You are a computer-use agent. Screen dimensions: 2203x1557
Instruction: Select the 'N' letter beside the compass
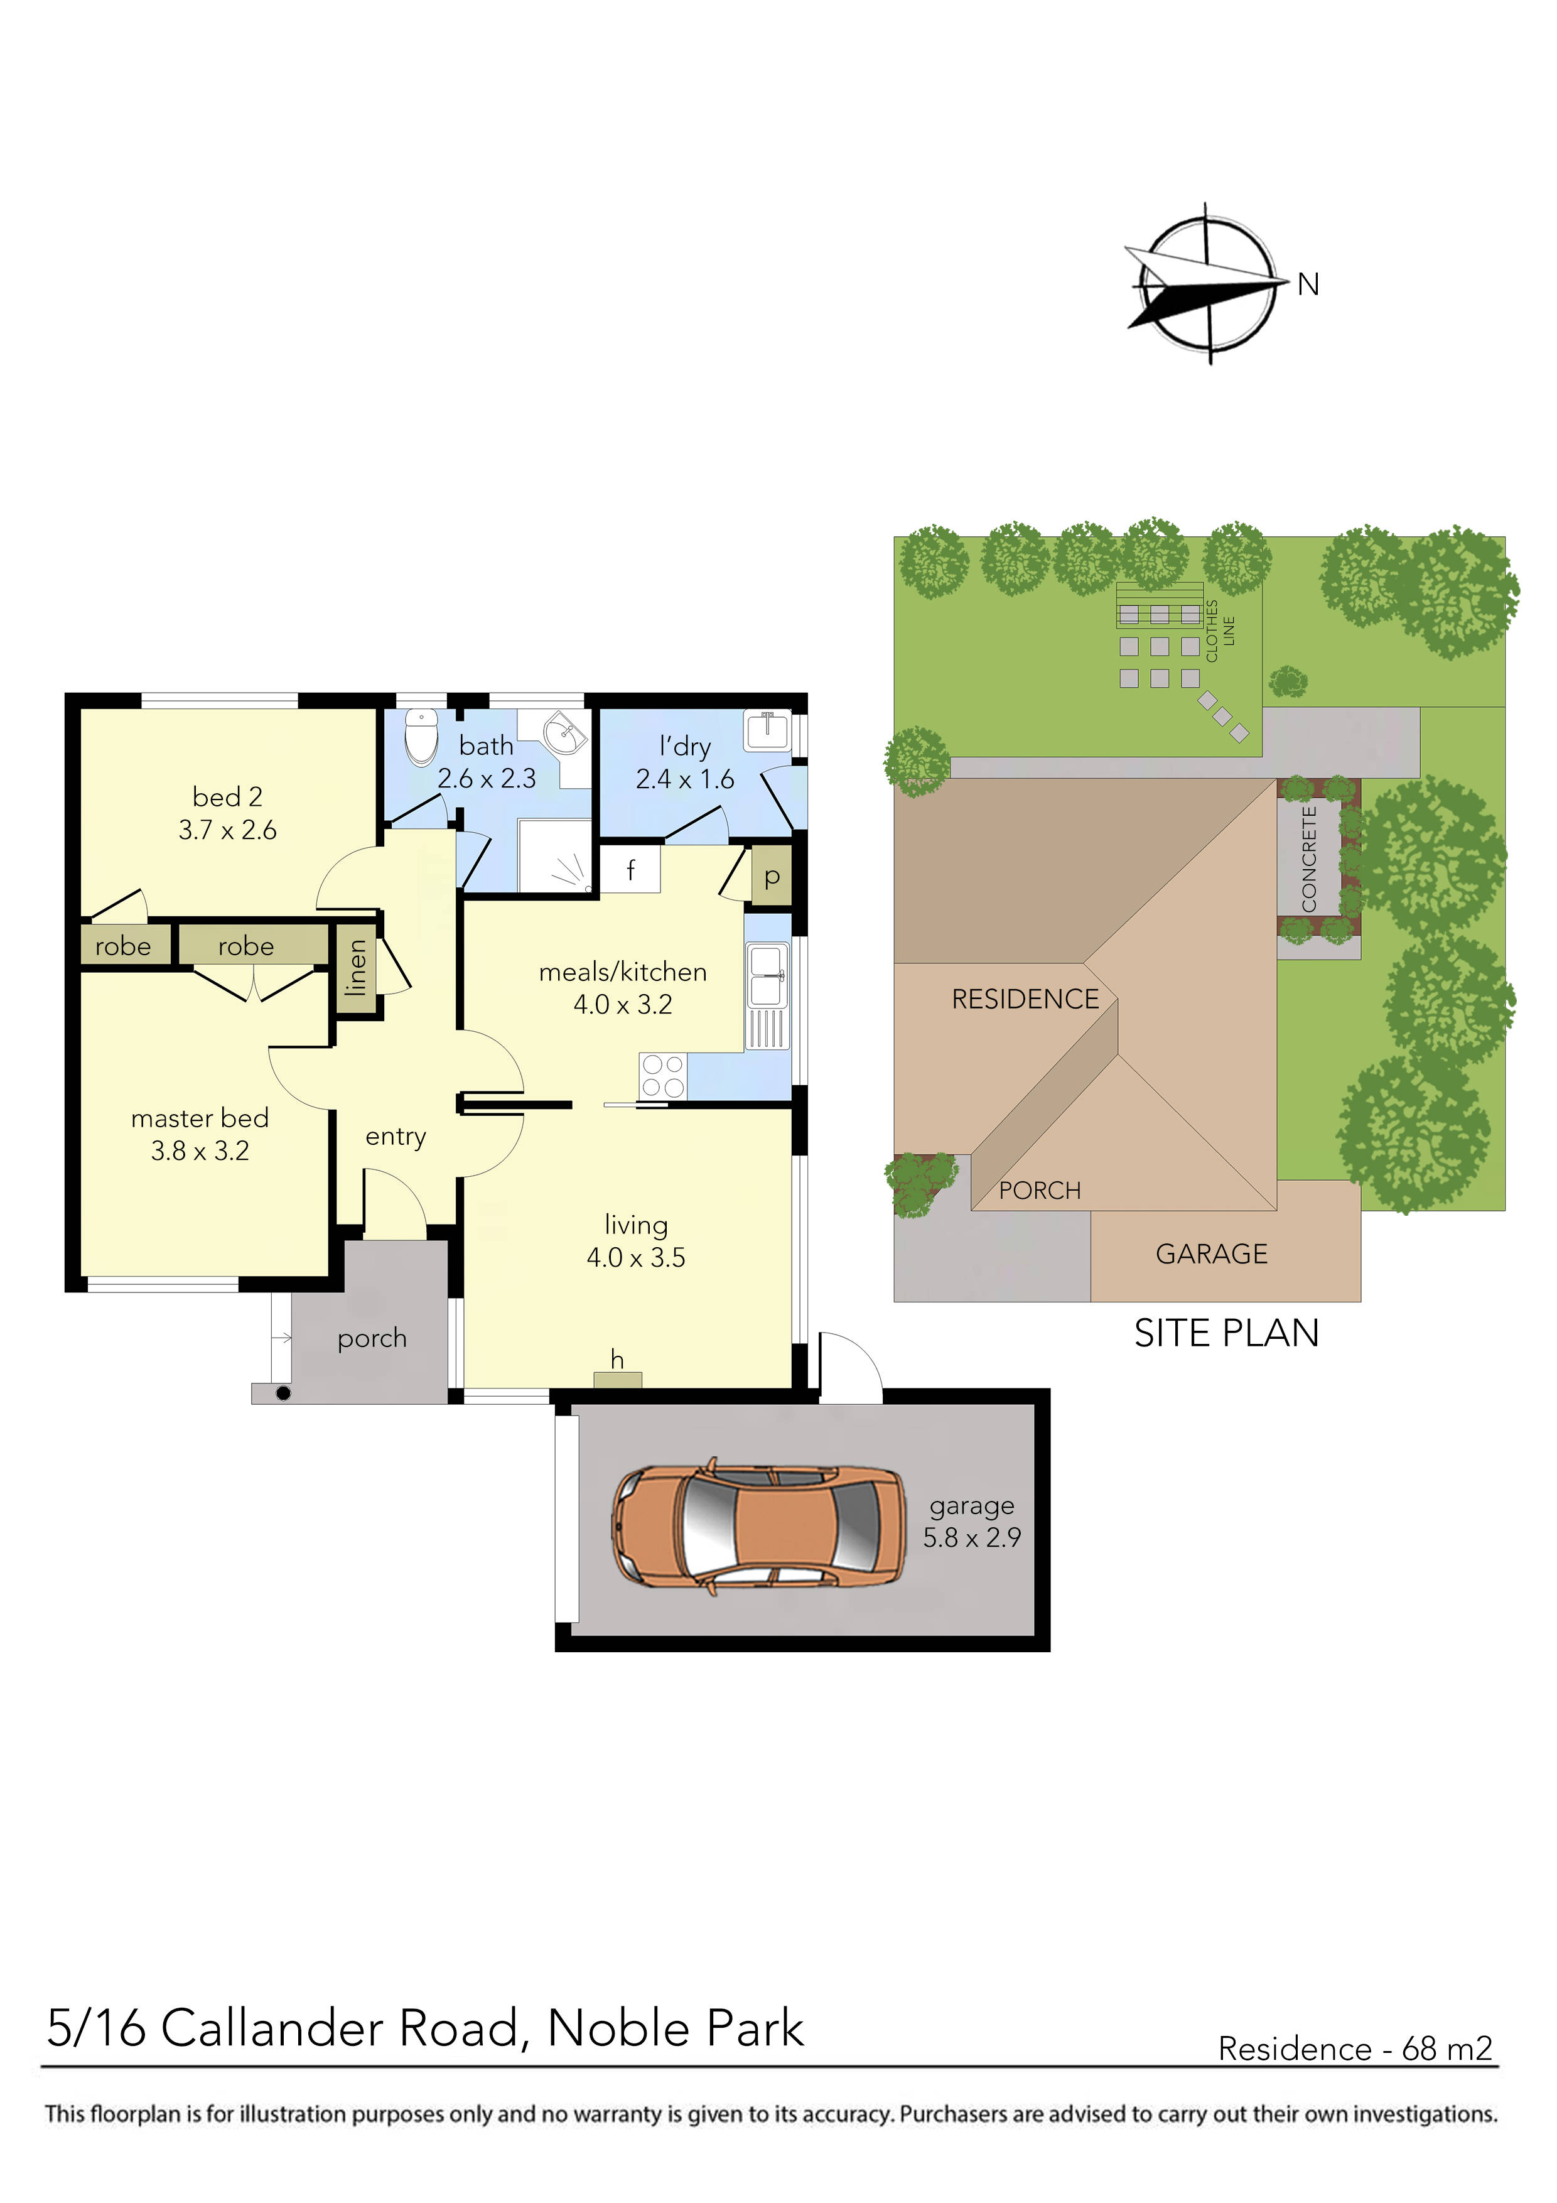pyautogui.click(x=1308, y=285)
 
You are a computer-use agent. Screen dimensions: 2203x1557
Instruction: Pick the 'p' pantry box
pyautogui.click(x=772, y=877)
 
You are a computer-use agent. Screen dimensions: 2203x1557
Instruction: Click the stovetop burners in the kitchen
pyautogui.click(x=663, y=1076)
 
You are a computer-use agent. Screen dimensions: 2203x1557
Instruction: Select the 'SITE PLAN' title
pyautogui.click(x=1226, y=1334)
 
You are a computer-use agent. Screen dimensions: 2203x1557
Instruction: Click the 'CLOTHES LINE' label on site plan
pyautogui.click(x=1219, y=631)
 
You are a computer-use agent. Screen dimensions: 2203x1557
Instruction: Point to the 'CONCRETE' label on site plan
pyautogui.click(x=1308, y=858)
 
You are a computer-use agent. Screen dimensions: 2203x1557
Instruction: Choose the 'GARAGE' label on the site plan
pyautogui.click(x=1212, y=1254)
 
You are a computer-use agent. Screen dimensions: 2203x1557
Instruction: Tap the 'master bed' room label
pyautogui.click(x=200, y=1119)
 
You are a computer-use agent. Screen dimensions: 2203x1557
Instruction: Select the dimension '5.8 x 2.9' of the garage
pyautogui.click(x=972, y=1538)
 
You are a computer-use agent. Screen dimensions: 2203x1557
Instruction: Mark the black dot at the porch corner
pyautogui.click(x=283, y=1393)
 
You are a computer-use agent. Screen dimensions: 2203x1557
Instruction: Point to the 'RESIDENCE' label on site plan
pyautogui.click(x=1025, y=1000)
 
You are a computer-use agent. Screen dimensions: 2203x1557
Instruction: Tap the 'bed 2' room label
pyautogui.click(x=227, y=798)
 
